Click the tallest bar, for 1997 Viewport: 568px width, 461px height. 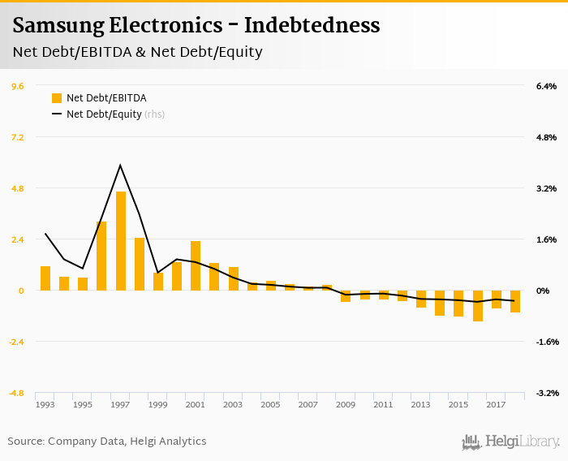(121, 241)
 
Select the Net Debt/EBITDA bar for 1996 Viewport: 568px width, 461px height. (101, 256)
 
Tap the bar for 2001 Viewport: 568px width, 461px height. (196, 265)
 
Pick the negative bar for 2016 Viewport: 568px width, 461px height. (478, 306)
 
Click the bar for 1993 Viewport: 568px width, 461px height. (45, 278)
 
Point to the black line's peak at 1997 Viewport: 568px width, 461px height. (120, 166)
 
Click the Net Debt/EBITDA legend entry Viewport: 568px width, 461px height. (99, 98)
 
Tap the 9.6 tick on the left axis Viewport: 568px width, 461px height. (17, 86)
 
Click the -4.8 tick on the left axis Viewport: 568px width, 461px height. (15, 393)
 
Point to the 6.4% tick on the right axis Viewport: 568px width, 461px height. (546, 86)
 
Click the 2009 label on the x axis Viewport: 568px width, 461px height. (346, 404)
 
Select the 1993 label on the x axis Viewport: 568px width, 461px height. (45, 404)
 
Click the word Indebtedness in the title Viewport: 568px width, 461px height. (312, 25)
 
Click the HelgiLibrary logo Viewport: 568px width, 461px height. (511, 442)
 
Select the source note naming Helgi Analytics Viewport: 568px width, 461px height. (107, 442)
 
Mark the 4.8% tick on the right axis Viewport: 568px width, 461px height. (546, 137)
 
